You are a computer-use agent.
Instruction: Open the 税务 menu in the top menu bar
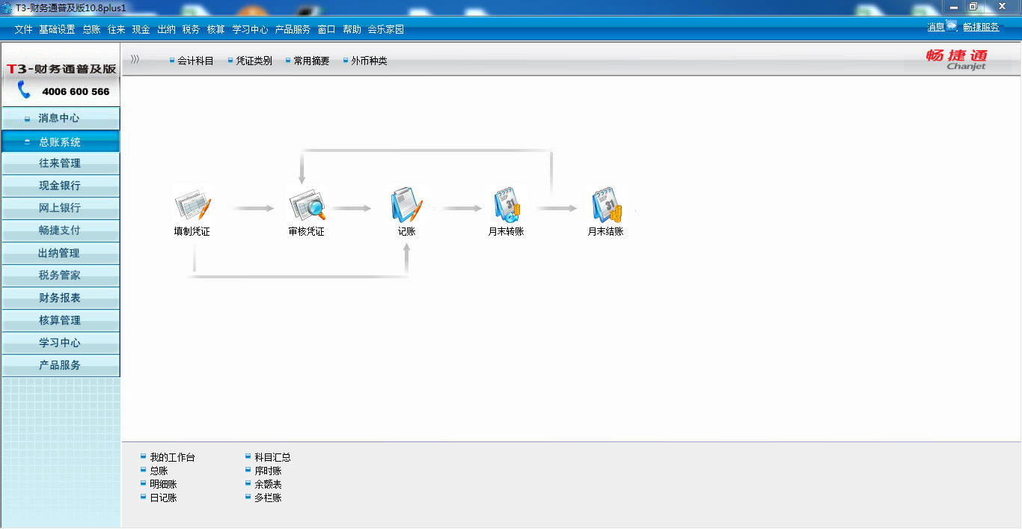[x=191, y=29]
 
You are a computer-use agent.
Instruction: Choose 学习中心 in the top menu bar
[x=250, y=29]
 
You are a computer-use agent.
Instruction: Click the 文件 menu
[x=23, y=29]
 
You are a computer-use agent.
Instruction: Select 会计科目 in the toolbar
[x=195, y=61]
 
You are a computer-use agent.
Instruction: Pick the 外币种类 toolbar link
[x=369, y=61]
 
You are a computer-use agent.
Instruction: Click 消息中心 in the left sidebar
[x=59, y=118]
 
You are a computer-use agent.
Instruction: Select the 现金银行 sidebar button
[x=60, y=186]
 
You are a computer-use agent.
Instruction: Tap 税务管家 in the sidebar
[x=60, y=275]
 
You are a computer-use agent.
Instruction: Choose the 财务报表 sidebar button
[x=60, y=298]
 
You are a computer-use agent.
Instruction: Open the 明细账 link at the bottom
[x=163, y=484]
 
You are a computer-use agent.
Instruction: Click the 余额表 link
[x=268, y=484]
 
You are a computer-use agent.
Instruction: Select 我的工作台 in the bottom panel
[x=172, y=457]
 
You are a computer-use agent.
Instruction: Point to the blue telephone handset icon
[x=25, y=91]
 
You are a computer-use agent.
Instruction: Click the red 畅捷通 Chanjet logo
[x=956, y=58]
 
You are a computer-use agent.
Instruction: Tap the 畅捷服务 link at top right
[x=981, y=27]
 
